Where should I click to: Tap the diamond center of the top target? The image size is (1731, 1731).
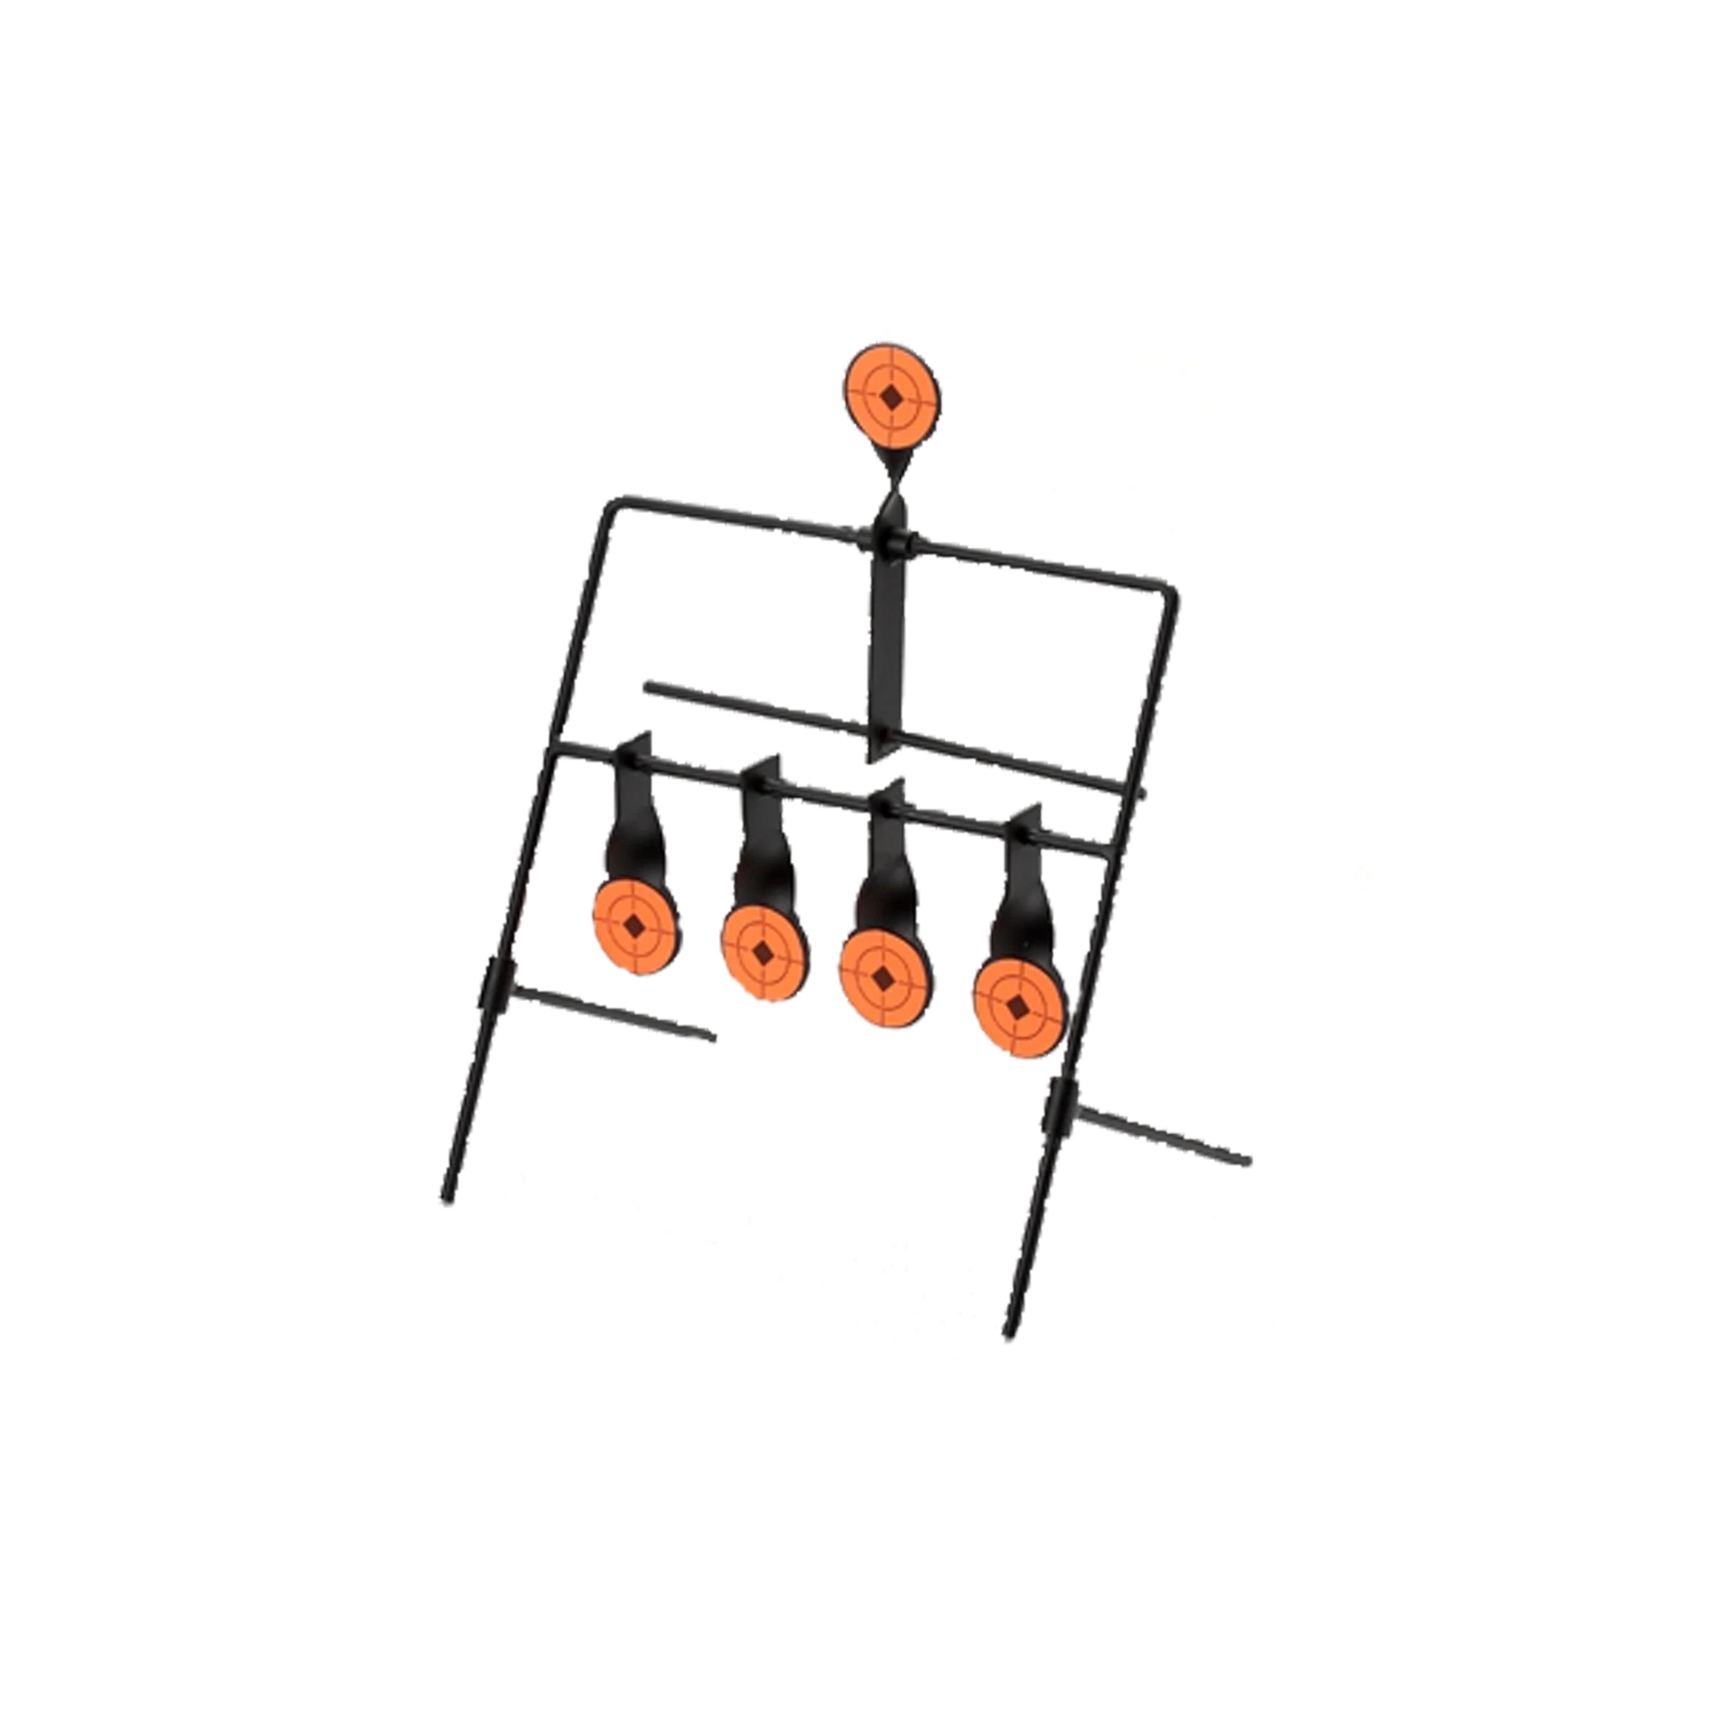(891, 398)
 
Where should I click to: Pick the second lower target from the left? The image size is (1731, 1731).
(764, 953)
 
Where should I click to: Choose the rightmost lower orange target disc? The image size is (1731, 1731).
(1019, 1010)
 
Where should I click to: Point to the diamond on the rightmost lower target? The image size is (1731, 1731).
(1019, 1010)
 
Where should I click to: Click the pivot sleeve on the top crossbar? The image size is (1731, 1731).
(887, 541)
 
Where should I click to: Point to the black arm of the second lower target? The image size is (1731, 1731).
(761, 851)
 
